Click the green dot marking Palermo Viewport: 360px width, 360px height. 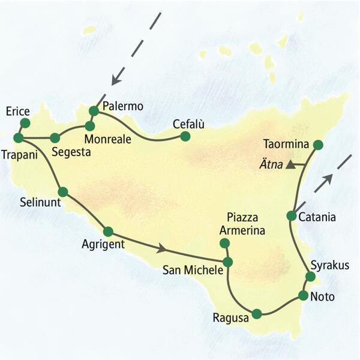(x=94, y=110)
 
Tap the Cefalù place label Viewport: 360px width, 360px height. (x=188, y=124)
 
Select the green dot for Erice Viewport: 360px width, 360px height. (x=25, y=123)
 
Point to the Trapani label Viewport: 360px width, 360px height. (x=20, y=154)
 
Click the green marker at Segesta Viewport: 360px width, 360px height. (x=55, y=137)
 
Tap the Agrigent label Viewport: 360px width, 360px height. (x=103, y=245)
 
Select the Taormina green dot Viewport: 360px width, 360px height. (x=318, y=145)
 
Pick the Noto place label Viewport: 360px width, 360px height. (x=322, y=296)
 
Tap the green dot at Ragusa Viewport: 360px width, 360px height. (x=257, y=313)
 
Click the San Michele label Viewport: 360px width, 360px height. (x=193, y=271)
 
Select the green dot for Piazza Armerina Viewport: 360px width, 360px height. (x=225, y=243)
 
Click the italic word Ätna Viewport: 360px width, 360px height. (x=271, y=163)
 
